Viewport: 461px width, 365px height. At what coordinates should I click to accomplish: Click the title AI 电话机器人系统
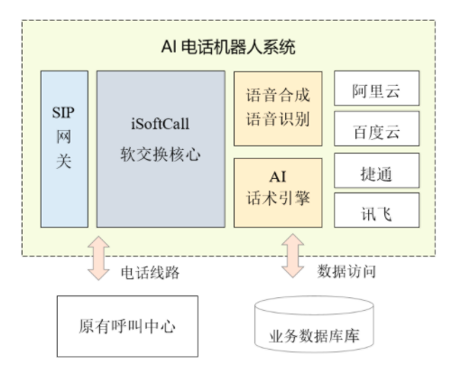click(228, 47)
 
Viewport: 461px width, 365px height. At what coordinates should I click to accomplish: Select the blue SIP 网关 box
click(64, 149)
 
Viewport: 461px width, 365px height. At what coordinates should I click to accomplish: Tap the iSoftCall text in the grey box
click(161, 124)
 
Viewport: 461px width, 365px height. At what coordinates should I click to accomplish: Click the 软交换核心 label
click(161, 154)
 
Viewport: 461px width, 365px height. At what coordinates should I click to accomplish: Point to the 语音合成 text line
click(278, 96)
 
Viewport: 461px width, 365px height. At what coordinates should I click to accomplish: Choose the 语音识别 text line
click(278, 119)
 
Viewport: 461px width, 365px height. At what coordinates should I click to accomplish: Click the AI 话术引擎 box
click(278, 192)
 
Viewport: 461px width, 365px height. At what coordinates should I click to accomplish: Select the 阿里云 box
click(376, 89)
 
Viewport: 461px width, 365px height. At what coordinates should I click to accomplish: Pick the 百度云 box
click(376, 129)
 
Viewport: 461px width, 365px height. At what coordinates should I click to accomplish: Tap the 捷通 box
click(376, 171)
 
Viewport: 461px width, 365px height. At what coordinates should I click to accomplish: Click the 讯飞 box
click(376, 211)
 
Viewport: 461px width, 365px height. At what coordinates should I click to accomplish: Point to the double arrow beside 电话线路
click(98, 258)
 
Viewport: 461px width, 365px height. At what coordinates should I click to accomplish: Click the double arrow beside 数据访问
click(293, 256)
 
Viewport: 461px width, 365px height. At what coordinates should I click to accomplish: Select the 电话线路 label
click(150, 273)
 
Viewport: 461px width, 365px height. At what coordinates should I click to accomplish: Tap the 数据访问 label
click(346, 271)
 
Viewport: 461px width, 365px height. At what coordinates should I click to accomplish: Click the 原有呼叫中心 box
click(127, 326)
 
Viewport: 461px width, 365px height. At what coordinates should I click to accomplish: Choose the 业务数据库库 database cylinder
click(314, 324)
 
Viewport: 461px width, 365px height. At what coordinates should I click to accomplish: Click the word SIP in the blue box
click(63, 113)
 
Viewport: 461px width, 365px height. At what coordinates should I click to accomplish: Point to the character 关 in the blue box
click(64, 161)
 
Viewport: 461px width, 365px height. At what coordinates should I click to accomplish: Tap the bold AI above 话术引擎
click(278, 177)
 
